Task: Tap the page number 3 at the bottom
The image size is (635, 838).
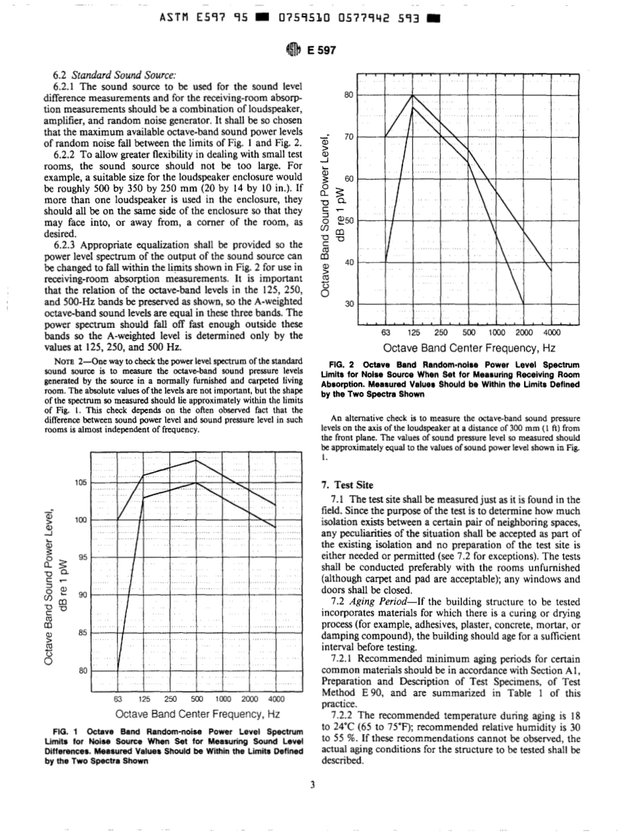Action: tap(312, 784)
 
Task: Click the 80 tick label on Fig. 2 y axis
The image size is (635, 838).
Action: tap(348, 95)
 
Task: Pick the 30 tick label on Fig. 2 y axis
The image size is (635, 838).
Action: tap(348, 304)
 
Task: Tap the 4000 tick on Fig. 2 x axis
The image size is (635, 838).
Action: tap(551, 333)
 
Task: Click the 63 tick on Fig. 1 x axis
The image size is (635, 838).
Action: tap(119, 699)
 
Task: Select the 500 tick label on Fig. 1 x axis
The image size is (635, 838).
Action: tap(197, 699)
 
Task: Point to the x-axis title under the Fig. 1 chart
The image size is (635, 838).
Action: tap(197, 714)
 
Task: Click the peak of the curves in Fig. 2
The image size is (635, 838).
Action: tap(412, 96)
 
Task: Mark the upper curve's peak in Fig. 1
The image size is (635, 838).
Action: tap(197, 460)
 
